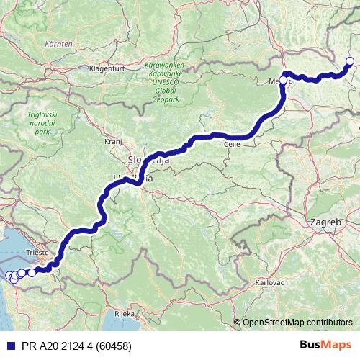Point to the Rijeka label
pyautogui.click(x=115, y=314)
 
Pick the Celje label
pyautogui.click(x=232, y=145)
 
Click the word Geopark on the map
pyautogui.click(x=167, y=100)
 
